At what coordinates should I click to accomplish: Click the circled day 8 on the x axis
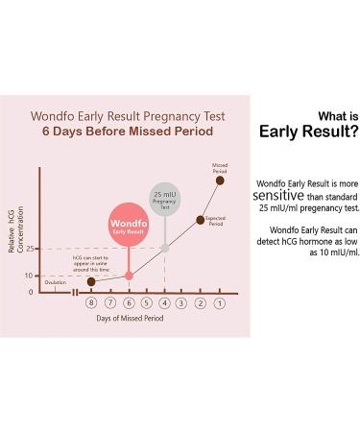(x=91, y=303)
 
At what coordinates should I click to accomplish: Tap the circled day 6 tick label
(x=128, y=303)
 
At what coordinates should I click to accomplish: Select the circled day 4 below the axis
(x=164, y=303)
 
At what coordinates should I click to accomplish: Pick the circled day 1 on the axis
(x=219, y=303)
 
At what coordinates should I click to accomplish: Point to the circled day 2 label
(x=201, y=303)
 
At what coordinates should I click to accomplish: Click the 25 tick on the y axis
(x=31, y=250)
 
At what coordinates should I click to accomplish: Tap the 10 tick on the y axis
(x=31, y=276)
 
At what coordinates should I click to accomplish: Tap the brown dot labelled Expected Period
(x=201, y=220)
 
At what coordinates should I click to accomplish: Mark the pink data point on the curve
(x=129, y=276)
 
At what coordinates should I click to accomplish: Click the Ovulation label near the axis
(x=55, y=282)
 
